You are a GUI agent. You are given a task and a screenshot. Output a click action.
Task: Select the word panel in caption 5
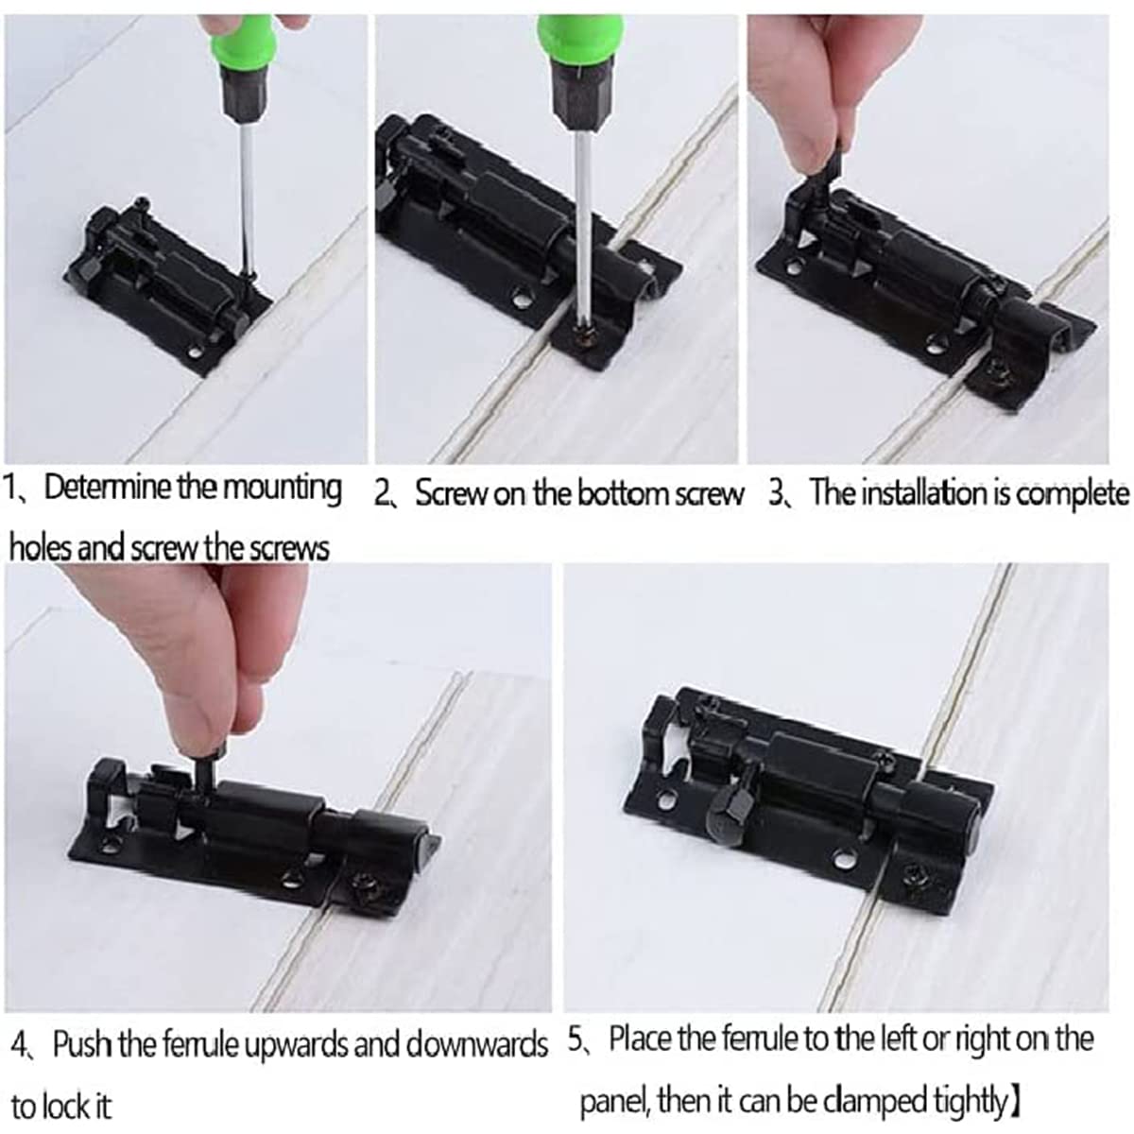pos(614,1099)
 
